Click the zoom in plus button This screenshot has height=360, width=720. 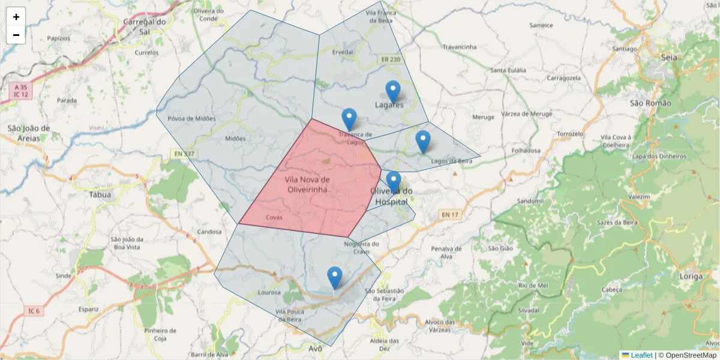tap(16, 17)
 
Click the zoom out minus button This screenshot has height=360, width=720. tap(16, 35)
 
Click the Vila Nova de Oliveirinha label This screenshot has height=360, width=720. tap(307, 184)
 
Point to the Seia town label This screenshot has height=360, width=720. tap(668, 58)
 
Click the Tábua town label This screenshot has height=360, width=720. tap(100, 194)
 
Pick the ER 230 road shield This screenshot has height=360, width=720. tap(389, 59)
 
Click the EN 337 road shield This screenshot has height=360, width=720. tap(185, 154)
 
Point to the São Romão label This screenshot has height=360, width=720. tap(650, 103)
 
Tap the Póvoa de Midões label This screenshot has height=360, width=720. tap(191, 118)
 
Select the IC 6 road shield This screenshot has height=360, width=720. tap(34, 311)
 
